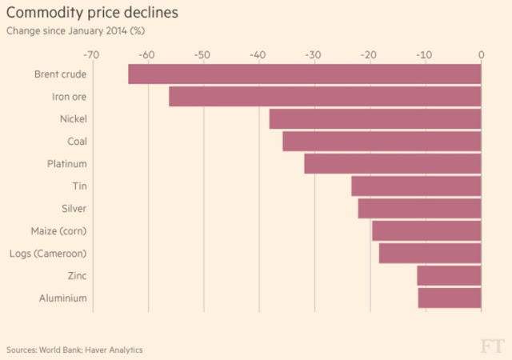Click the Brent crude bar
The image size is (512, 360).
tap(305, 74)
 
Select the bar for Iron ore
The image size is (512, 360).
tap(325, 97)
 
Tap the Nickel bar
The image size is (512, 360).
tap(375, 119)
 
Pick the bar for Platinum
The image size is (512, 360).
tap(393, 164)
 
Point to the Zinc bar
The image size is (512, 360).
tap(449, 276)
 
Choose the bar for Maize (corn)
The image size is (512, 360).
tap(426, 231)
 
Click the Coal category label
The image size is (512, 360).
tap(77, 142)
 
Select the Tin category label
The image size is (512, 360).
tap(79, 186)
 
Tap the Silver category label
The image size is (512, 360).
tap(74, 209)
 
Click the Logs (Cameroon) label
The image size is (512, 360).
tap(58, 254)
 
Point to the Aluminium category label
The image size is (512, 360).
tap(62, 298)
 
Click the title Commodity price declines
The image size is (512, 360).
tap(92, 14)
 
